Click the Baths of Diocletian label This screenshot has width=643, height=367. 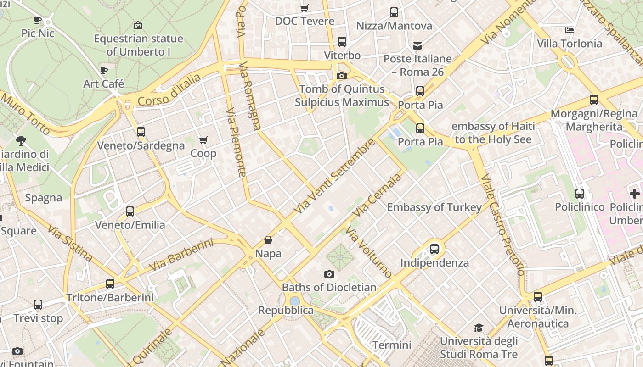pos(329,288)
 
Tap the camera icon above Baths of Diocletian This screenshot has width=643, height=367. pos(329,274)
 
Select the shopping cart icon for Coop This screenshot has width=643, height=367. pos(203,140)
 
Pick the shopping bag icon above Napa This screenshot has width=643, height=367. pos(268,240)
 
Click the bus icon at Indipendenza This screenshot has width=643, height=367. pos(434,249)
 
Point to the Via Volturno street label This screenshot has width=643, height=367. pos(368,252)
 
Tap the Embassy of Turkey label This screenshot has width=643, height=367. pos(434,207)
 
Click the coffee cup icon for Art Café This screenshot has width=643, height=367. pos(104,70)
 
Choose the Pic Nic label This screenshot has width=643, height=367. pos(38,33)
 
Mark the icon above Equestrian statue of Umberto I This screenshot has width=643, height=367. pos(138,25)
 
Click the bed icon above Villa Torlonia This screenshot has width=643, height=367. pos(570,30)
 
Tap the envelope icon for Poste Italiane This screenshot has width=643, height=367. pos(417,45)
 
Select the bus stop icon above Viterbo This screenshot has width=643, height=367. pos(342,42)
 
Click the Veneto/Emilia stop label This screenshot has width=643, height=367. pos(130,225)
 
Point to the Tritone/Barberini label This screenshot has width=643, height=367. pos(110,297)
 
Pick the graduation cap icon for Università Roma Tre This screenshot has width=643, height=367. pos(479,328)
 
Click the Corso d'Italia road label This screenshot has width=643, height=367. pos(169,90)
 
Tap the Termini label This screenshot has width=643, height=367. pos(392,345)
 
